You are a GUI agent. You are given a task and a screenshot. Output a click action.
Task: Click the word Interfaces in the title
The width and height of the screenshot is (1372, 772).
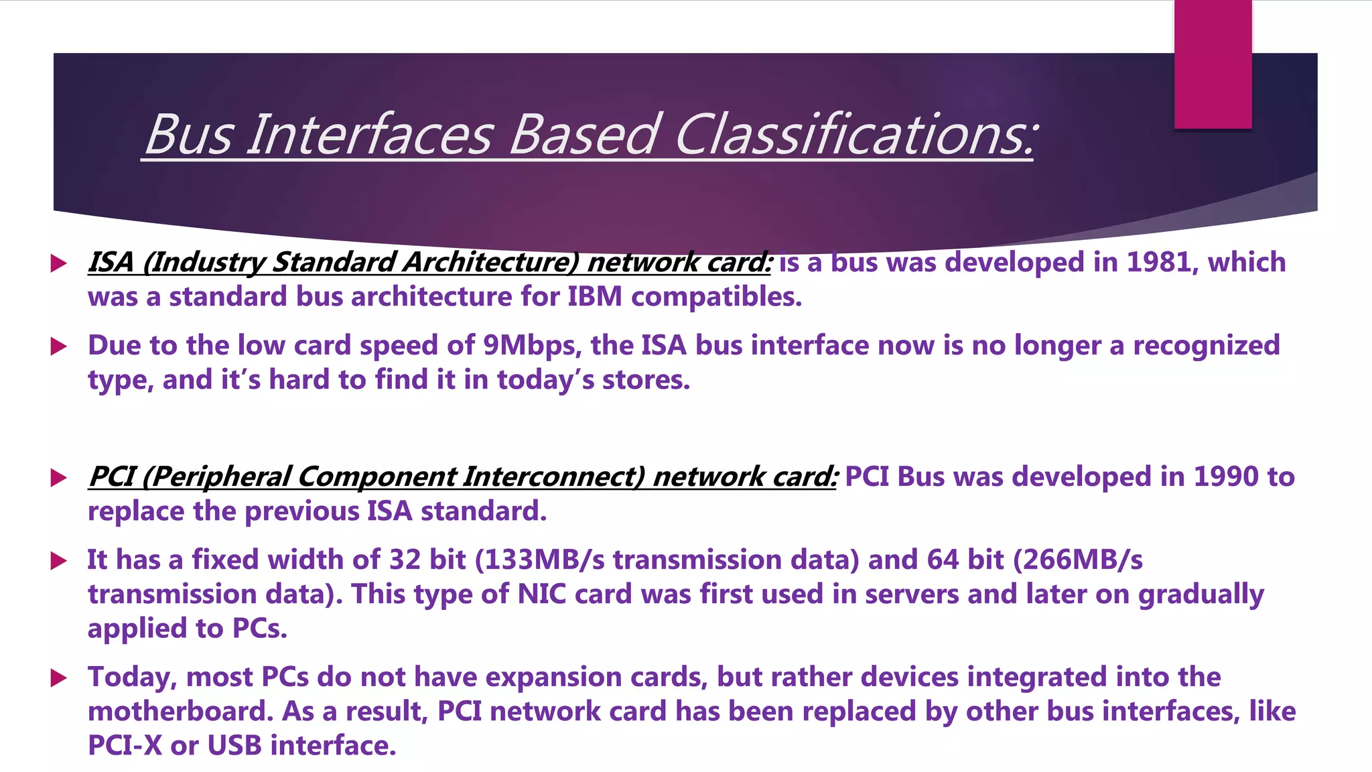370,134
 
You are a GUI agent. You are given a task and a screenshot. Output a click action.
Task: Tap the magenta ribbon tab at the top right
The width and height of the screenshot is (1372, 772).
1213,64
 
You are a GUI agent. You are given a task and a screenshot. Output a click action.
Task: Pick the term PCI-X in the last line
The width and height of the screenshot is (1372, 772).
125,745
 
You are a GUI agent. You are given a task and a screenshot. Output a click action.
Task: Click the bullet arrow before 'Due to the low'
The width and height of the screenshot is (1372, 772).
59,346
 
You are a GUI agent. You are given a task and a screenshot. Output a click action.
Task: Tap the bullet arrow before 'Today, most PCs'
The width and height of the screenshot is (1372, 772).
59,678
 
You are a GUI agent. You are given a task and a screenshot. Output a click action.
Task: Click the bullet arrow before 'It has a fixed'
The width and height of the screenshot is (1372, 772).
59,561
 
